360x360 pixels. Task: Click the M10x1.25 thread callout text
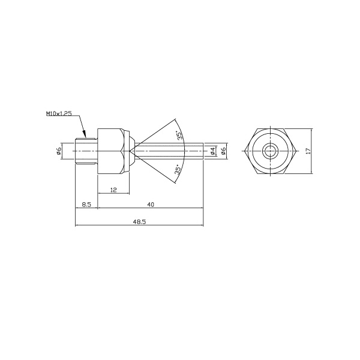(59, 113)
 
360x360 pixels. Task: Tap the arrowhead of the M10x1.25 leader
(85, 134)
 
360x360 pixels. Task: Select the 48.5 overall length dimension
(139, 222)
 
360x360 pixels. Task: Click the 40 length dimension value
(151, 205)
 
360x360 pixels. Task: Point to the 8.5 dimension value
(86, 205)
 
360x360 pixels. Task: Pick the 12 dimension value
(113, 190)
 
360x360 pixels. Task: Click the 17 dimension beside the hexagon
(308, 151)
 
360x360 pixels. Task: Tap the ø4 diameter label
(212, 151)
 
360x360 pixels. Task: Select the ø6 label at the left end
(58, 151)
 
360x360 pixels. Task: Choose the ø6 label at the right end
(223, 151)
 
